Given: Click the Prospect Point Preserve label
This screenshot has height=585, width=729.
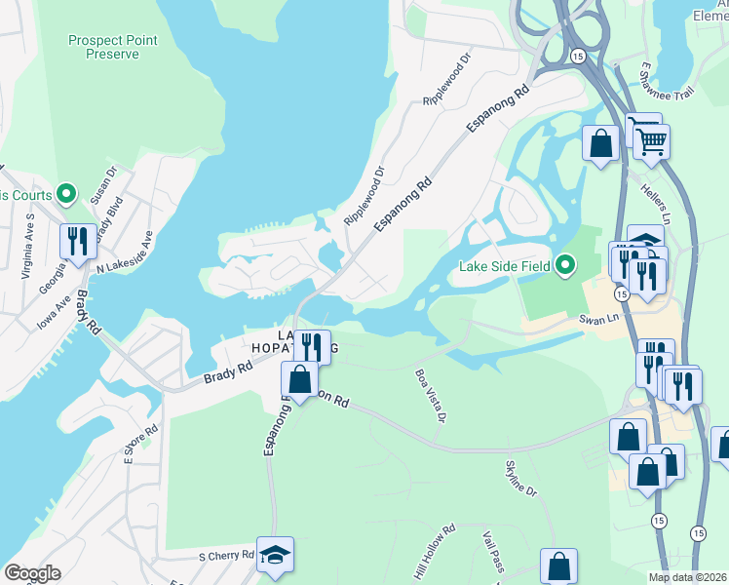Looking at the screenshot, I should [112, 47].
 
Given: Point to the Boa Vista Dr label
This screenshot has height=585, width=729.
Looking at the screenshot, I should [429, 395].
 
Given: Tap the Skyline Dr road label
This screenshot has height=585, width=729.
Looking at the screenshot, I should [520, 479].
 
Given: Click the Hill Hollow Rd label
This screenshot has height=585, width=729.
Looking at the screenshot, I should [435, 555].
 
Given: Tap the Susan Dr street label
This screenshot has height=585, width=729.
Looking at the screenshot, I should [102, 182].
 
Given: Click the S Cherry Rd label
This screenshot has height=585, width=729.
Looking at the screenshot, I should [226, 557].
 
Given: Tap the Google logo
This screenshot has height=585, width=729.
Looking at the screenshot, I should [32, 573].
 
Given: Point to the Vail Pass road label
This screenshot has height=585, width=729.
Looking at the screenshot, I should [493, 552].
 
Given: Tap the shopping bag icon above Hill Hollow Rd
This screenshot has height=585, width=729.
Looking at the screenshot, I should [558, 566].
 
